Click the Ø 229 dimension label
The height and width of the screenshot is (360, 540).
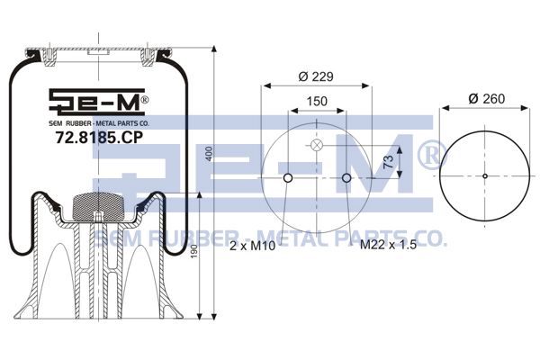coord(316,76)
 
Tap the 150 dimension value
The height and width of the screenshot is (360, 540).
coord(317,102)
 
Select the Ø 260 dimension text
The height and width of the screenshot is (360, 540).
coord(487,99)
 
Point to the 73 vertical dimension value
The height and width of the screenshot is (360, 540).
coord(388,162)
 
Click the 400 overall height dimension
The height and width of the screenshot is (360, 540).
coord(209,154)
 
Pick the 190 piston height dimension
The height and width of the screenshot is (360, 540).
coord(193,252)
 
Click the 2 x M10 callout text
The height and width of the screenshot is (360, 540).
coord(252,246)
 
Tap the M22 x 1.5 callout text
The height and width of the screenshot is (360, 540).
coord(388,244)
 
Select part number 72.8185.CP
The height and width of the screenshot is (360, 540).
coord(99,138)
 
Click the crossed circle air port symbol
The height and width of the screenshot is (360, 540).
coord(317,146)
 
